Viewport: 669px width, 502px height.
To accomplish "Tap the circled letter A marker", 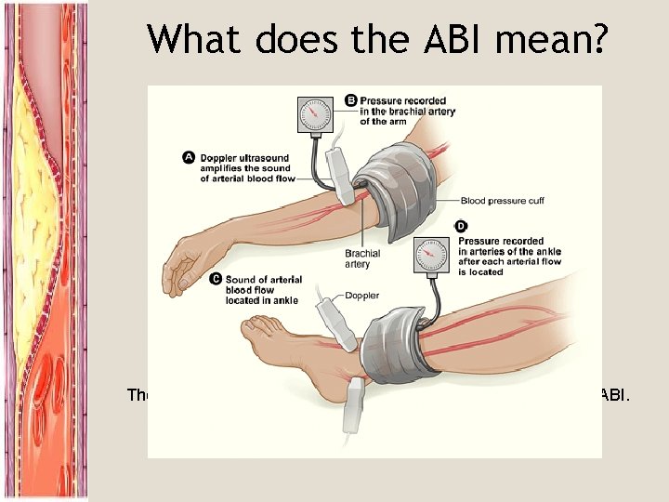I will point(189,158).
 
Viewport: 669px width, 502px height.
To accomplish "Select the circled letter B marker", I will point(351,99).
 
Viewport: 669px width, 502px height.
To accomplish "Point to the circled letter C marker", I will point(216,278).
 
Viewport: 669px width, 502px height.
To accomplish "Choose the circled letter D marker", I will point(462,226).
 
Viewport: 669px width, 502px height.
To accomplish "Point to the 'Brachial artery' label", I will point(362,258).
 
